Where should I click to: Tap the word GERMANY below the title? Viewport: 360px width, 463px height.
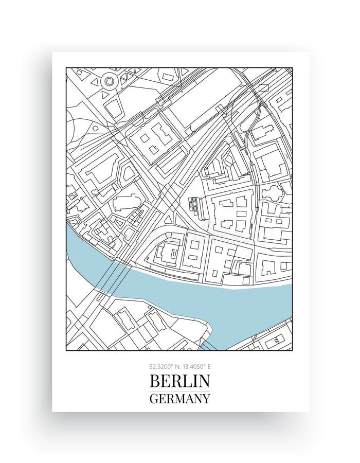coord(180,398)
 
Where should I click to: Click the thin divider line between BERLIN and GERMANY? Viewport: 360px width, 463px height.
coord(180,390)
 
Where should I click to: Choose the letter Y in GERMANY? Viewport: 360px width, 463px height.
coord(206,398)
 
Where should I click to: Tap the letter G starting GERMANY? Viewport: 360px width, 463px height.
coord(154,398)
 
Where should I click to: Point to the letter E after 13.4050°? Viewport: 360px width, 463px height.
coord(209,367)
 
